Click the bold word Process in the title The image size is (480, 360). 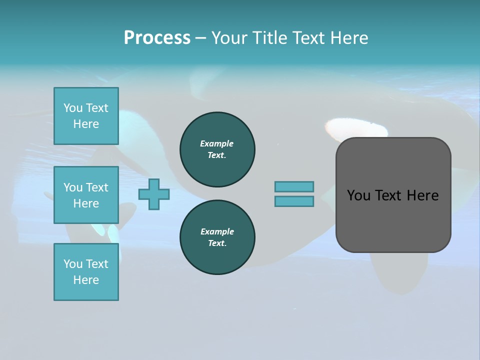(157, 37)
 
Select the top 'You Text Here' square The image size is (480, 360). (86, 116)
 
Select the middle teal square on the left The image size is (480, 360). (86, 195)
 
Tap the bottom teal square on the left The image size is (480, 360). (86, 272)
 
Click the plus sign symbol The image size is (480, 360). (154, 194)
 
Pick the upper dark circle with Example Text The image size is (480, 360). (217, 149)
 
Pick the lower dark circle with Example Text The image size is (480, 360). (217, 237)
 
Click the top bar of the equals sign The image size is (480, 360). (294, 186)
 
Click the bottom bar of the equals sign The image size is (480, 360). (294, 201)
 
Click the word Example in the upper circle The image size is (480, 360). (217, 143)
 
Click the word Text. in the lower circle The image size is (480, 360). (217, 243)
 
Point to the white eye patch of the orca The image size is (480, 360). (356, 128)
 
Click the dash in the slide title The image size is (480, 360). (200, 38)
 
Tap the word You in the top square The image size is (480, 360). (73, 108)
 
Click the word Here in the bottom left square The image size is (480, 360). (86, 280)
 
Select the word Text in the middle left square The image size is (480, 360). (97, 187)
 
